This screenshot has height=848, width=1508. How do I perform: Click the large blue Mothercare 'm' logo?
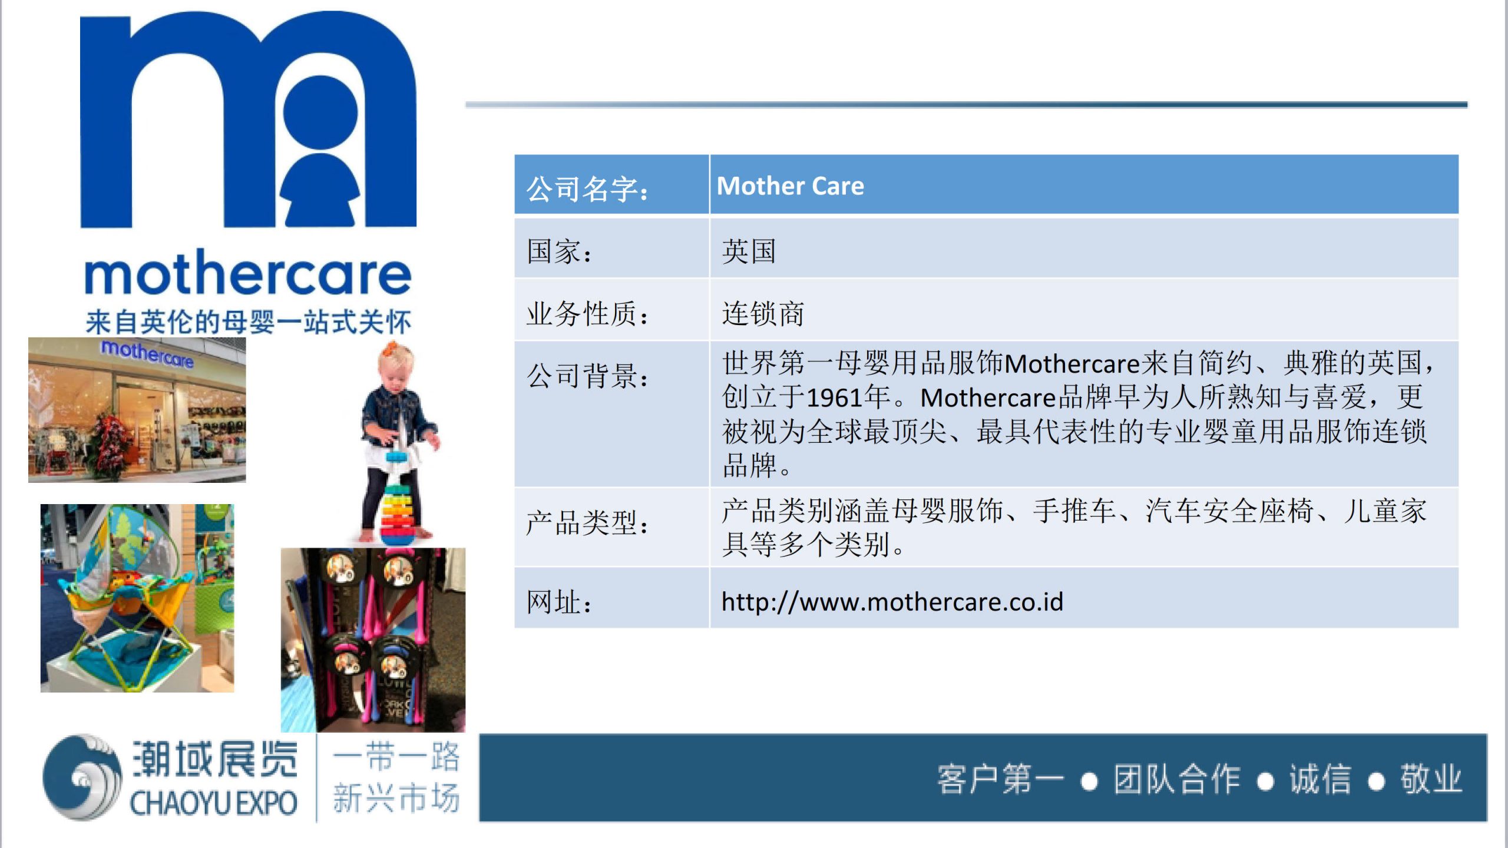[248, 119]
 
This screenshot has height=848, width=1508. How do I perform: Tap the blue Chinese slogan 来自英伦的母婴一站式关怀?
[248, 322]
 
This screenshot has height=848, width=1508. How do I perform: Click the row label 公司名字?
[587, 188]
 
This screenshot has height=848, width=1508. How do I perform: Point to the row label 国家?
[559, 251]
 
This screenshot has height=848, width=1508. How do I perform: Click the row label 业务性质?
[587, 313]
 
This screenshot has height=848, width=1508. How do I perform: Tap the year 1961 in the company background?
[834, 397]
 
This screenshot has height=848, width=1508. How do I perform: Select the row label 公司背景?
[587, 375]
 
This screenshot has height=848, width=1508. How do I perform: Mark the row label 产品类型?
[587, 522]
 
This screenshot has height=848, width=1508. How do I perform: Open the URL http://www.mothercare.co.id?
[892, 601]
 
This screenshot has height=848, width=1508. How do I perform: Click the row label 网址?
[559, 602]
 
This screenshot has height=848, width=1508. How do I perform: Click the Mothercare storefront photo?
[137, 410]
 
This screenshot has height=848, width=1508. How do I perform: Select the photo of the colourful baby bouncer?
[137, 598]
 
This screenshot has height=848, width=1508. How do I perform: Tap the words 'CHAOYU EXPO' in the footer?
[213, 803]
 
